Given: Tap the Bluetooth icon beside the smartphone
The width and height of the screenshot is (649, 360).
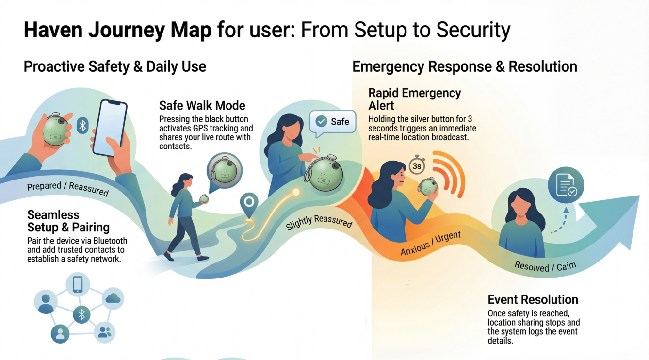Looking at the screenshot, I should coord(83,126).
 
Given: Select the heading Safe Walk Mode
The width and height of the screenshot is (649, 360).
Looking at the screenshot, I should coord(202,105).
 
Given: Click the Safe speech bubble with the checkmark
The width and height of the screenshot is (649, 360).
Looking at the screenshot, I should coord(333,122).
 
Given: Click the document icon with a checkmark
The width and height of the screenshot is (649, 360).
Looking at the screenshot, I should coord(566,185).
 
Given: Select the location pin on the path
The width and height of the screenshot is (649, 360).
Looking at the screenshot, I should coord(249,204).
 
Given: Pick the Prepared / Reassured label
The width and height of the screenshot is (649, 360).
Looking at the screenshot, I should coord(67,188).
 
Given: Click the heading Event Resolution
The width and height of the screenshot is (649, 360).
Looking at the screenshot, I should coord(533,299).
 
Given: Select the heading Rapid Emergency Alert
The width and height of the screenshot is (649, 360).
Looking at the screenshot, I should coord(414,98).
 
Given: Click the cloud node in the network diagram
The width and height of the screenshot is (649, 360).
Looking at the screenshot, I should coord(113,298).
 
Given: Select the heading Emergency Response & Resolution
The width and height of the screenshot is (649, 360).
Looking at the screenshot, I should coord(464,66).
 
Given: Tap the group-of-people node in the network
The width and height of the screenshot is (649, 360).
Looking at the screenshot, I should coord(104,332).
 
